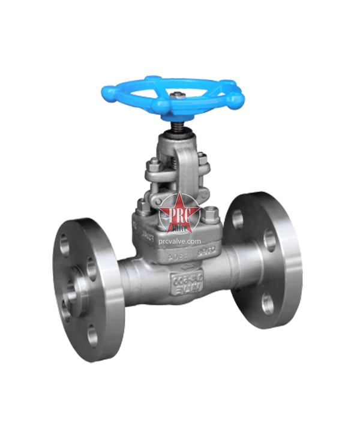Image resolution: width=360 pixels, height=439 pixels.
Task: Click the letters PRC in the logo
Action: pos(179,212)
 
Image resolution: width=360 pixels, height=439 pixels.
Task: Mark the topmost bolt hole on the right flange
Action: pos(238,220)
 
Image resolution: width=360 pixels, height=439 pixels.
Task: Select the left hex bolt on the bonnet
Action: pos(142,206)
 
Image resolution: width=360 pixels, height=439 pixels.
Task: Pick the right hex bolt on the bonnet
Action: pos(211,214)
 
